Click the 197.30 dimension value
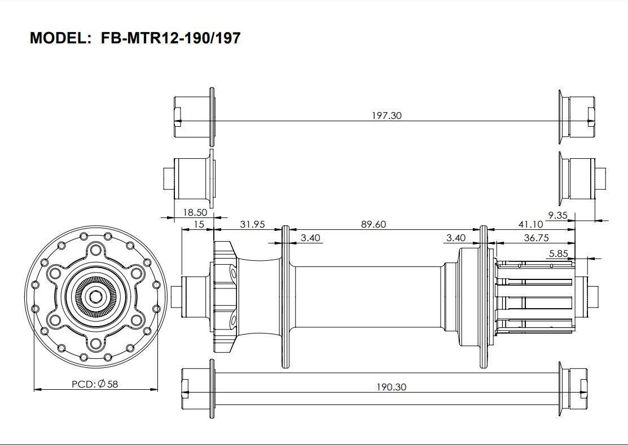(x=387, y=115)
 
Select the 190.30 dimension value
(x=391, y=387)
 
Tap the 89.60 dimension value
(x=373, y=224)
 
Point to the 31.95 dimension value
(x=252, y=224)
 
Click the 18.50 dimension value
(x=195, y=212)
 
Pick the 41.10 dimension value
(x=531, y=224)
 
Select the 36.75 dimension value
(x=536, y=238)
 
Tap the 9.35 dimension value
(x=557, y=215)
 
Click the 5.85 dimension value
(x=559, y=253)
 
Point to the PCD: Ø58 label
(x=95, y=384)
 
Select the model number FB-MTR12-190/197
(x=170, y=38)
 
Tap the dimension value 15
(x=199, y=224)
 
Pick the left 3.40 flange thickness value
(x=310, y=238)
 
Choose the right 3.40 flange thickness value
(x=456, y=238)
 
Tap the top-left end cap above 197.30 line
(x=192, y=117)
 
